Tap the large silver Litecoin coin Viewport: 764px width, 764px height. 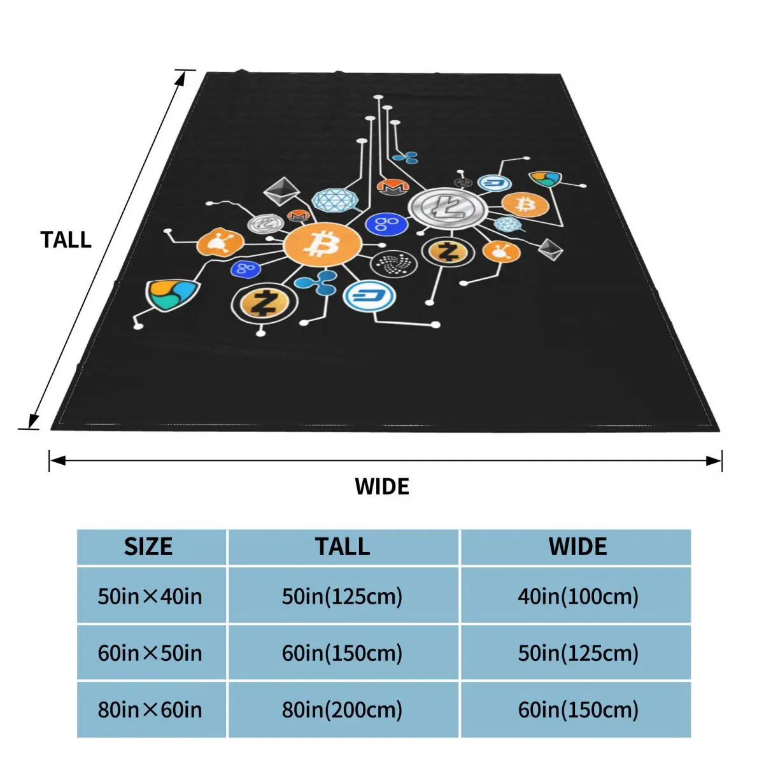(x=447, y=207)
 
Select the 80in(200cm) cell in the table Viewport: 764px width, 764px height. (x=343, y=709)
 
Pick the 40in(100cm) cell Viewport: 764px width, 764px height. (x=578, y=596)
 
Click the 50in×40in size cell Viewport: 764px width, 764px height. (x=150, y=596)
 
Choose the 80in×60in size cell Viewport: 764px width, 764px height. (x=150, y=709)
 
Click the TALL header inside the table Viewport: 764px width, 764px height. (x=343, y=547)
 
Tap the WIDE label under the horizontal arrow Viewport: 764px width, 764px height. (x=382, y=486)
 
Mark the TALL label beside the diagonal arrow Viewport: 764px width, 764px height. (x=66, y=239)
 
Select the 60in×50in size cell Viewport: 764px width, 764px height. (x=150, y=653)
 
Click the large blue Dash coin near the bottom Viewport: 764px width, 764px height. (x=369, y=296)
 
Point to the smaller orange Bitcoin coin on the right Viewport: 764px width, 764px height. (x=525, y=204)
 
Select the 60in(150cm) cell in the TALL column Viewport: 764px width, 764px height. (x=343, y=653)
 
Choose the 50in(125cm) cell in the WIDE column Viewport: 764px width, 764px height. (x=578, y=653)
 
